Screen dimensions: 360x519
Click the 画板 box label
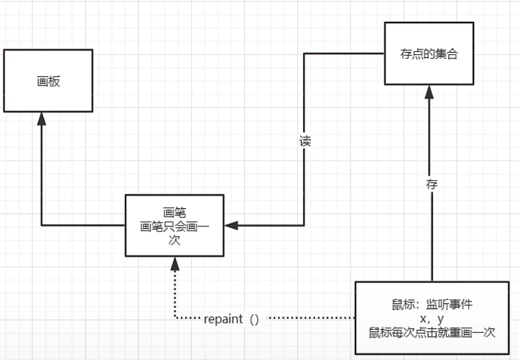(x=48, y=82)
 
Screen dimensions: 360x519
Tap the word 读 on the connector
(x=305, y=141)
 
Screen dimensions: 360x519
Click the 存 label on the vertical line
(x=432, y=184)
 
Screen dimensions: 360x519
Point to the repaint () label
(x=232, y=319)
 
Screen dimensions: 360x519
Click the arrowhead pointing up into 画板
(x=42, y=118)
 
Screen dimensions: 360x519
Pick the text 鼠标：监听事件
(x=432, y=304)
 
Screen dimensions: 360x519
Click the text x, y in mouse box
(x=432, y=319)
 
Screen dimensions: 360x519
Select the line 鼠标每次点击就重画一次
(x=432, y=333)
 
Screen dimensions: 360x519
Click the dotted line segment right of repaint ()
(x=309, y=318)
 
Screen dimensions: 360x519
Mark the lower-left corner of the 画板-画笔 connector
(x=42, y=225)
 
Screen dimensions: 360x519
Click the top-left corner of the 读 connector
(x=305, y=54)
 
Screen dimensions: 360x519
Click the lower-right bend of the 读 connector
(x=305, y=225)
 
